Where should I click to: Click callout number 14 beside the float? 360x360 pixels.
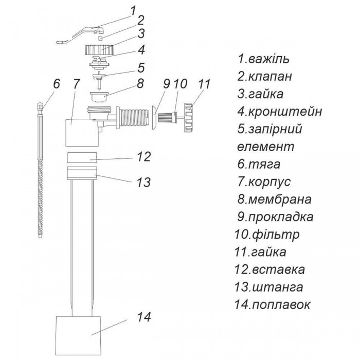pos(144,317)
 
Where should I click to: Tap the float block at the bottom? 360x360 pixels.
pos(79,336)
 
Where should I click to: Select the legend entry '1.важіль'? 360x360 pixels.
pos(263,59)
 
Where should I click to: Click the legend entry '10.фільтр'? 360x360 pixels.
pos(267,235)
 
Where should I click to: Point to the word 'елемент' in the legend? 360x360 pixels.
pos(265,147)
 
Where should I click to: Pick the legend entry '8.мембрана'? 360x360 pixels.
pos(274,200)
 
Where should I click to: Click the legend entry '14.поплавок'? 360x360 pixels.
pos(272,305)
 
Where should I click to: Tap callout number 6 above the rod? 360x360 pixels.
pos(57,84)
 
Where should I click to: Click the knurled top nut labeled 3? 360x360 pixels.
pos(99,50)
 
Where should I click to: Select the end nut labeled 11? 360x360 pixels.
pos(190,118)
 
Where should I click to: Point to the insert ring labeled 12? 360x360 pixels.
pos(81,157)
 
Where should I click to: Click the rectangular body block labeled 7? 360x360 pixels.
pos(82,133)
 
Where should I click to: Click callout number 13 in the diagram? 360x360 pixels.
pos(143,183)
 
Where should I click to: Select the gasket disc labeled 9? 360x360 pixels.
pos(154,118)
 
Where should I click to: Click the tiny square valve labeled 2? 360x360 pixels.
pos(100,38)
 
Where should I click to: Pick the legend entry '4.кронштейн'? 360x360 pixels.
pos(279,112)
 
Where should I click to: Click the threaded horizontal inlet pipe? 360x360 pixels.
pos(133,118)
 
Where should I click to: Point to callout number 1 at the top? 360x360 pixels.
pos(133,11)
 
